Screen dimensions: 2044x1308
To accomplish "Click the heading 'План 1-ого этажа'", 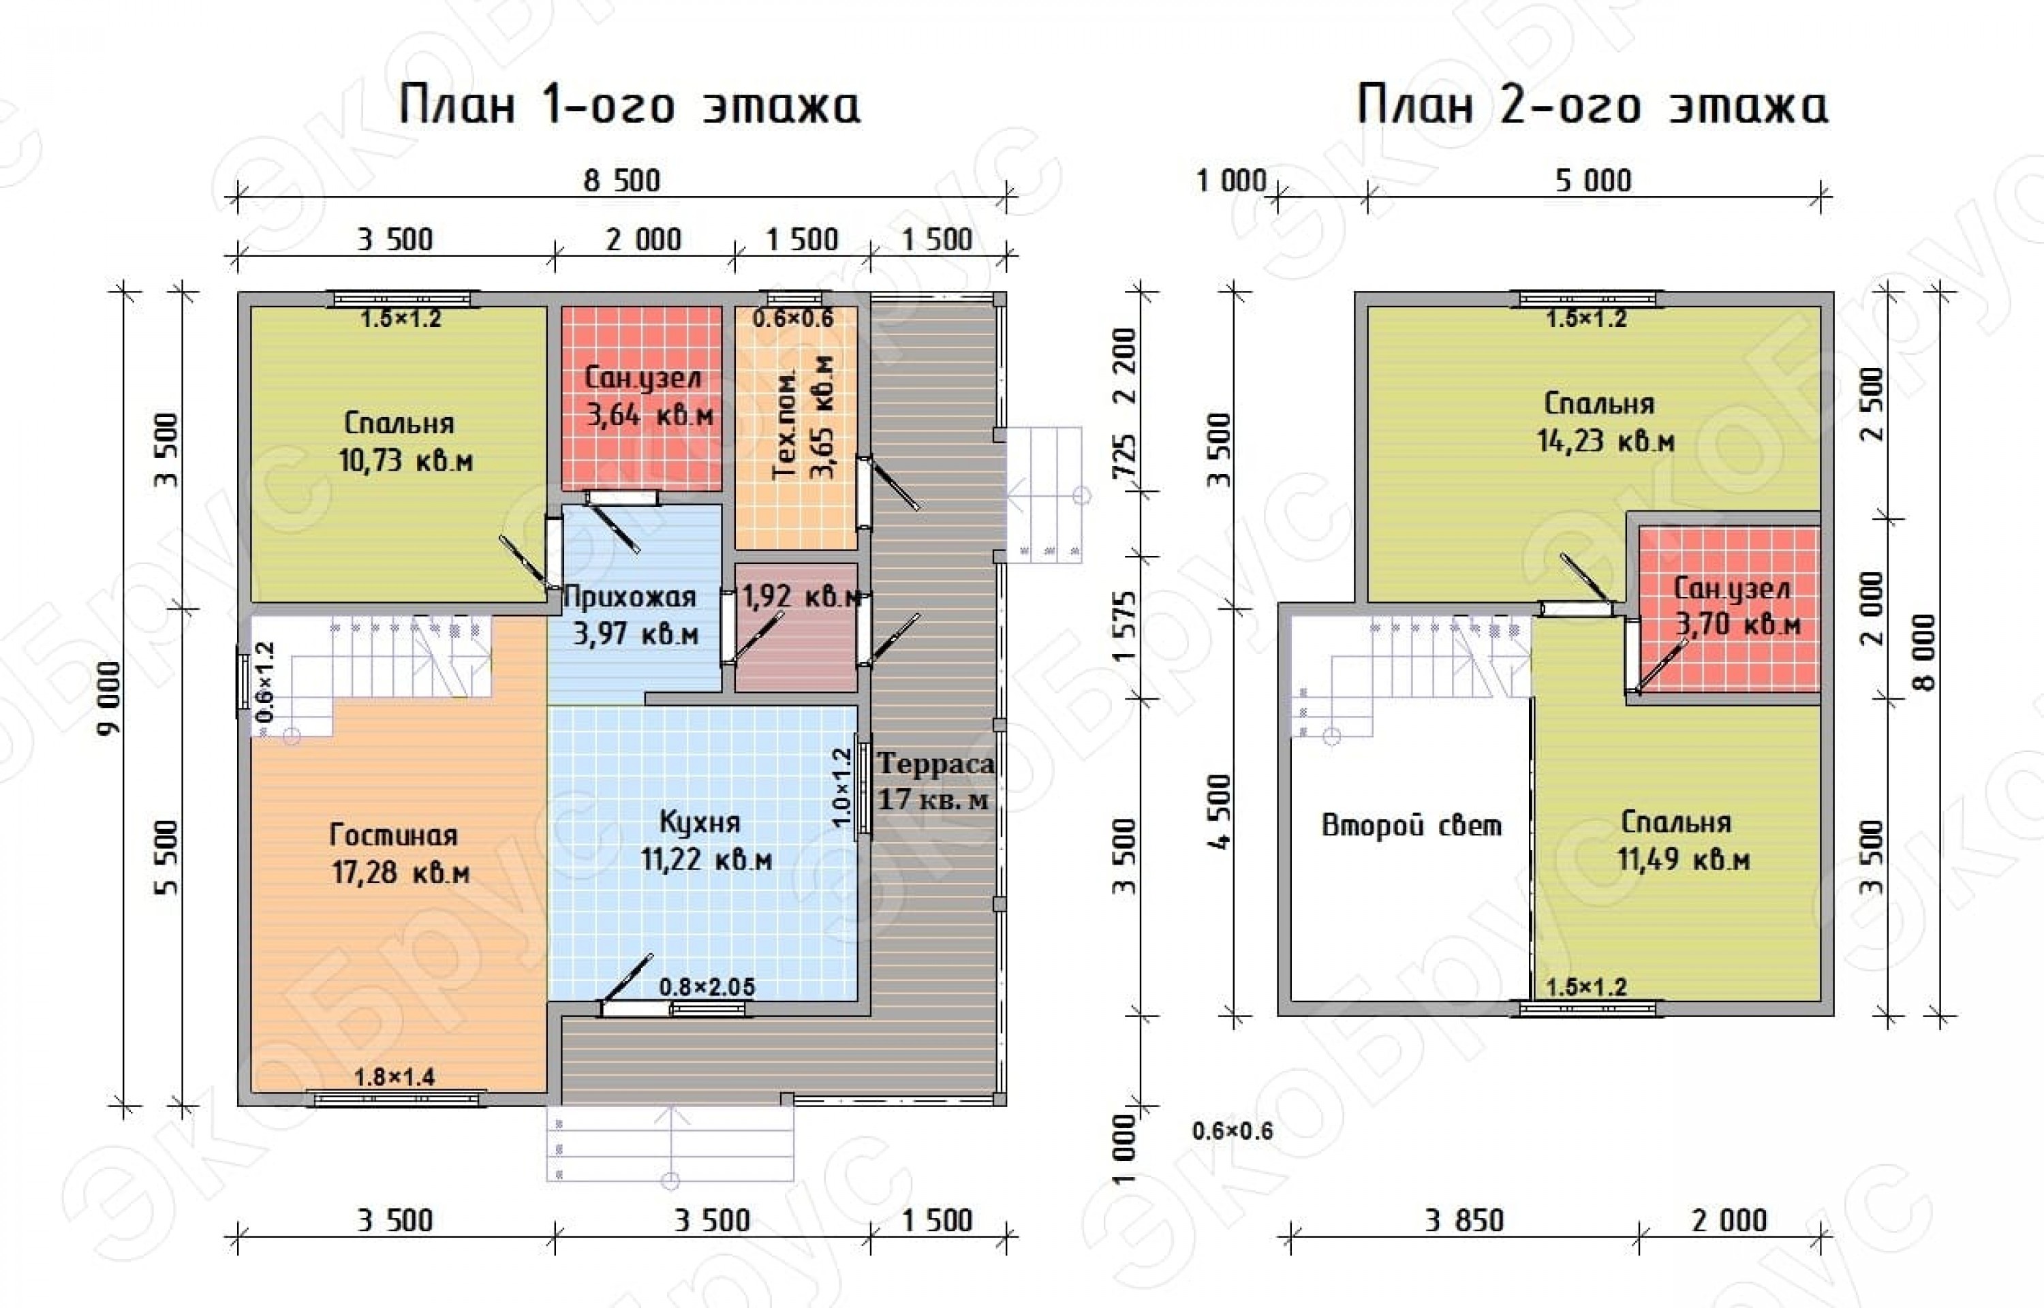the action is pos(630,106).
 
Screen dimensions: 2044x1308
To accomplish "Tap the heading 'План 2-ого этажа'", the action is pos(1592,106).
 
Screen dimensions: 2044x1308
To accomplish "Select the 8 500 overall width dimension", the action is pos(621,181).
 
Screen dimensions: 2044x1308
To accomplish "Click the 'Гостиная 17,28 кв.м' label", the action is pos(400,854).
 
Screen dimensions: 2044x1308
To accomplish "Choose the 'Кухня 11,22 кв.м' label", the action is pos(706,840).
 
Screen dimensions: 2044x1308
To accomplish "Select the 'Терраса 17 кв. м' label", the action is pos(935,781).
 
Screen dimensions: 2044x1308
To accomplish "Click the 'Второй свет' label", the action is pos(1411,825).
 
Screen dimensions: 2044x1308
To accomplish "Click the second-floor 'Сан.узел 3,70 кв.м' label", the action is pos(1737,606).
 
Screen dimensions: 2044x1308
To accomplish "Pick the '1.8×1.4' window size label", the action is pos(394,1077).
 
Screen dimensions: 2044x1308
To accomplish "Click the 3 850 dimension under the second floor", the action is pos(1464,1221).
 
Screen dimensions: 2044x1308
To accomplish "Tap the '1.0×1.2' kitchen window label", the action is pos(841,788).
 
